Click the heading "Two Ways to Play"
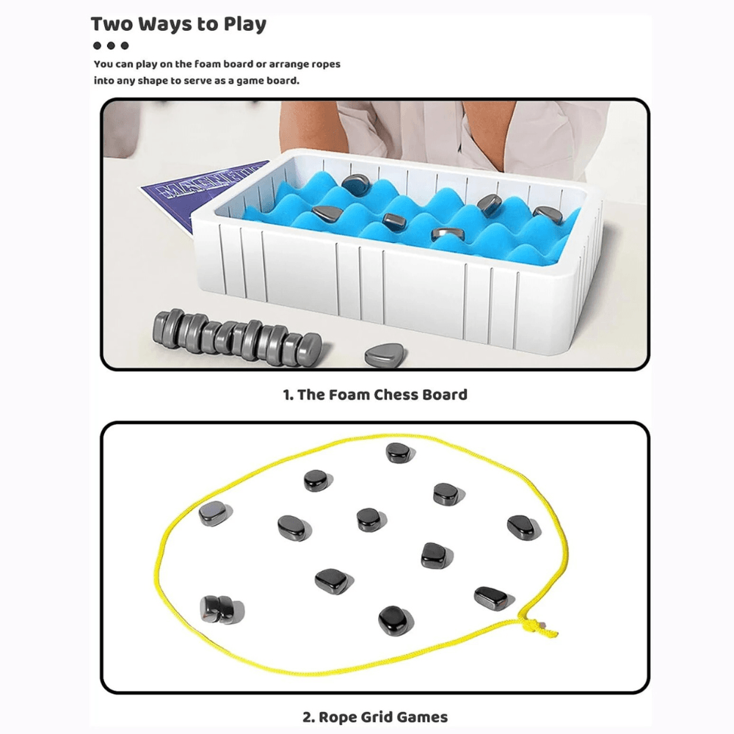[x=178, y=24]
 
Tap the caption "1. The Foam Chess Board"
[x=375, y=395]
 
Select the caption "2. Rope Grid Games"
[x=375, y=716]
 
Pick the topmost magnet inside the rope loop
[x=399, y=453]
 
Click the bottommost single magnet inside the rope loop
[x=394, y=620]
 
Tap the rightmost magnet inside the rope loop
[x=523, y=526]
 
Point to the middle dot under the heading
[x=111, y=46]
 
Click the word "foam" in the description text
[x=207, y=65]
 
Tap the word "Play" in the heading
[x=242, y=24]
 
